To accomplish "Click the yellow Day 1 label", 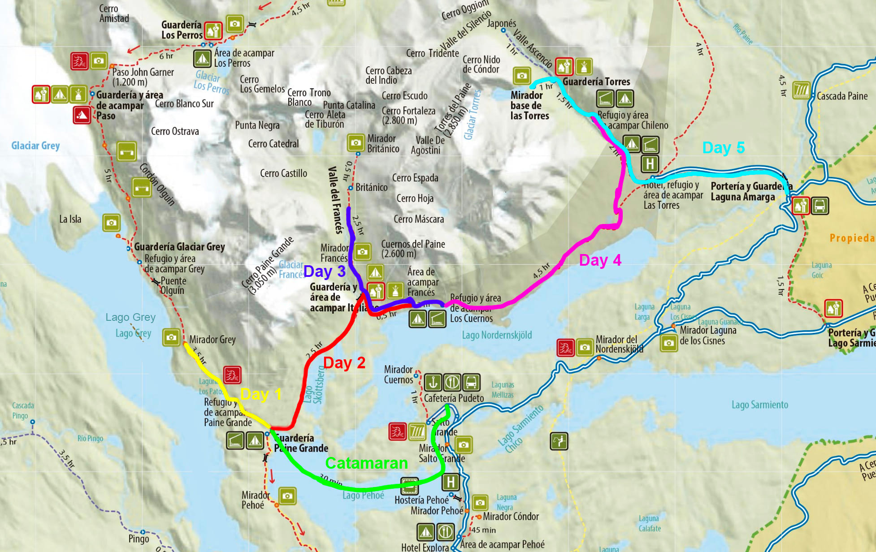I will (x=261, y=394).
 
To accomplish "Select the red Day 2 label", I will (x=344, y=363).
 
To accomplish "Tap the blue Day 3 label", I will (x=324, y=272).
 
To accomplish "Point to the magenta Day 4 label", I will (x=600, y=260).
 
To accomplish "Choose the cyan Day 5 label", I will (x=723, y=148).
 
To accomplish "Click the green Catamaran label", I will (x=366, y=463).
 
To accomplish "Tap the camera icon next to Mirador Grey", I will (x=171, y=337).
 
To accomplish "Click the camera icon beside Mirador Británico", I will (x=356, y=143).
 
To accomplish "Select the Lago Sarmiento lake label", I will (x=759, y=405).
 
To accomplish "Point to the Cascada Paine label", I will (x=842, y=96).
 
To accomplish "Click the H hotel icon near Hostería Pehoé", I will (x=450, y=482).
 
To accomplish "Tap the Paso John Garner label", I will (x=143, y=77).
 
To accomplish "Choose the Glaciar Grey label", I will (x=35, y=146).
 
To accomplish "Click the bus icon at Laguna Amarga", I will (x=820, y=206).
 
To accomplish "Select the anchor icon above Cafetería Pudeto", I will (x=433, y=383).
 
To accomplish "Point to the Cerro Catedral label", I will (x=273, y=144).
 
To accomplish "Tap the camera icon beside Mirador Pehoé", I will (x=287, y=496).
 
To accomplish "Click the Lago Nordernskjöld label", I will (x=497, y=335).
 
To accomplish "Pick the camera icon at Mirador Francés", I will (x=362, y=252).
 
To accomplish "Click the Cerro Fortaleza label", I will (x=408, y=115).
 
